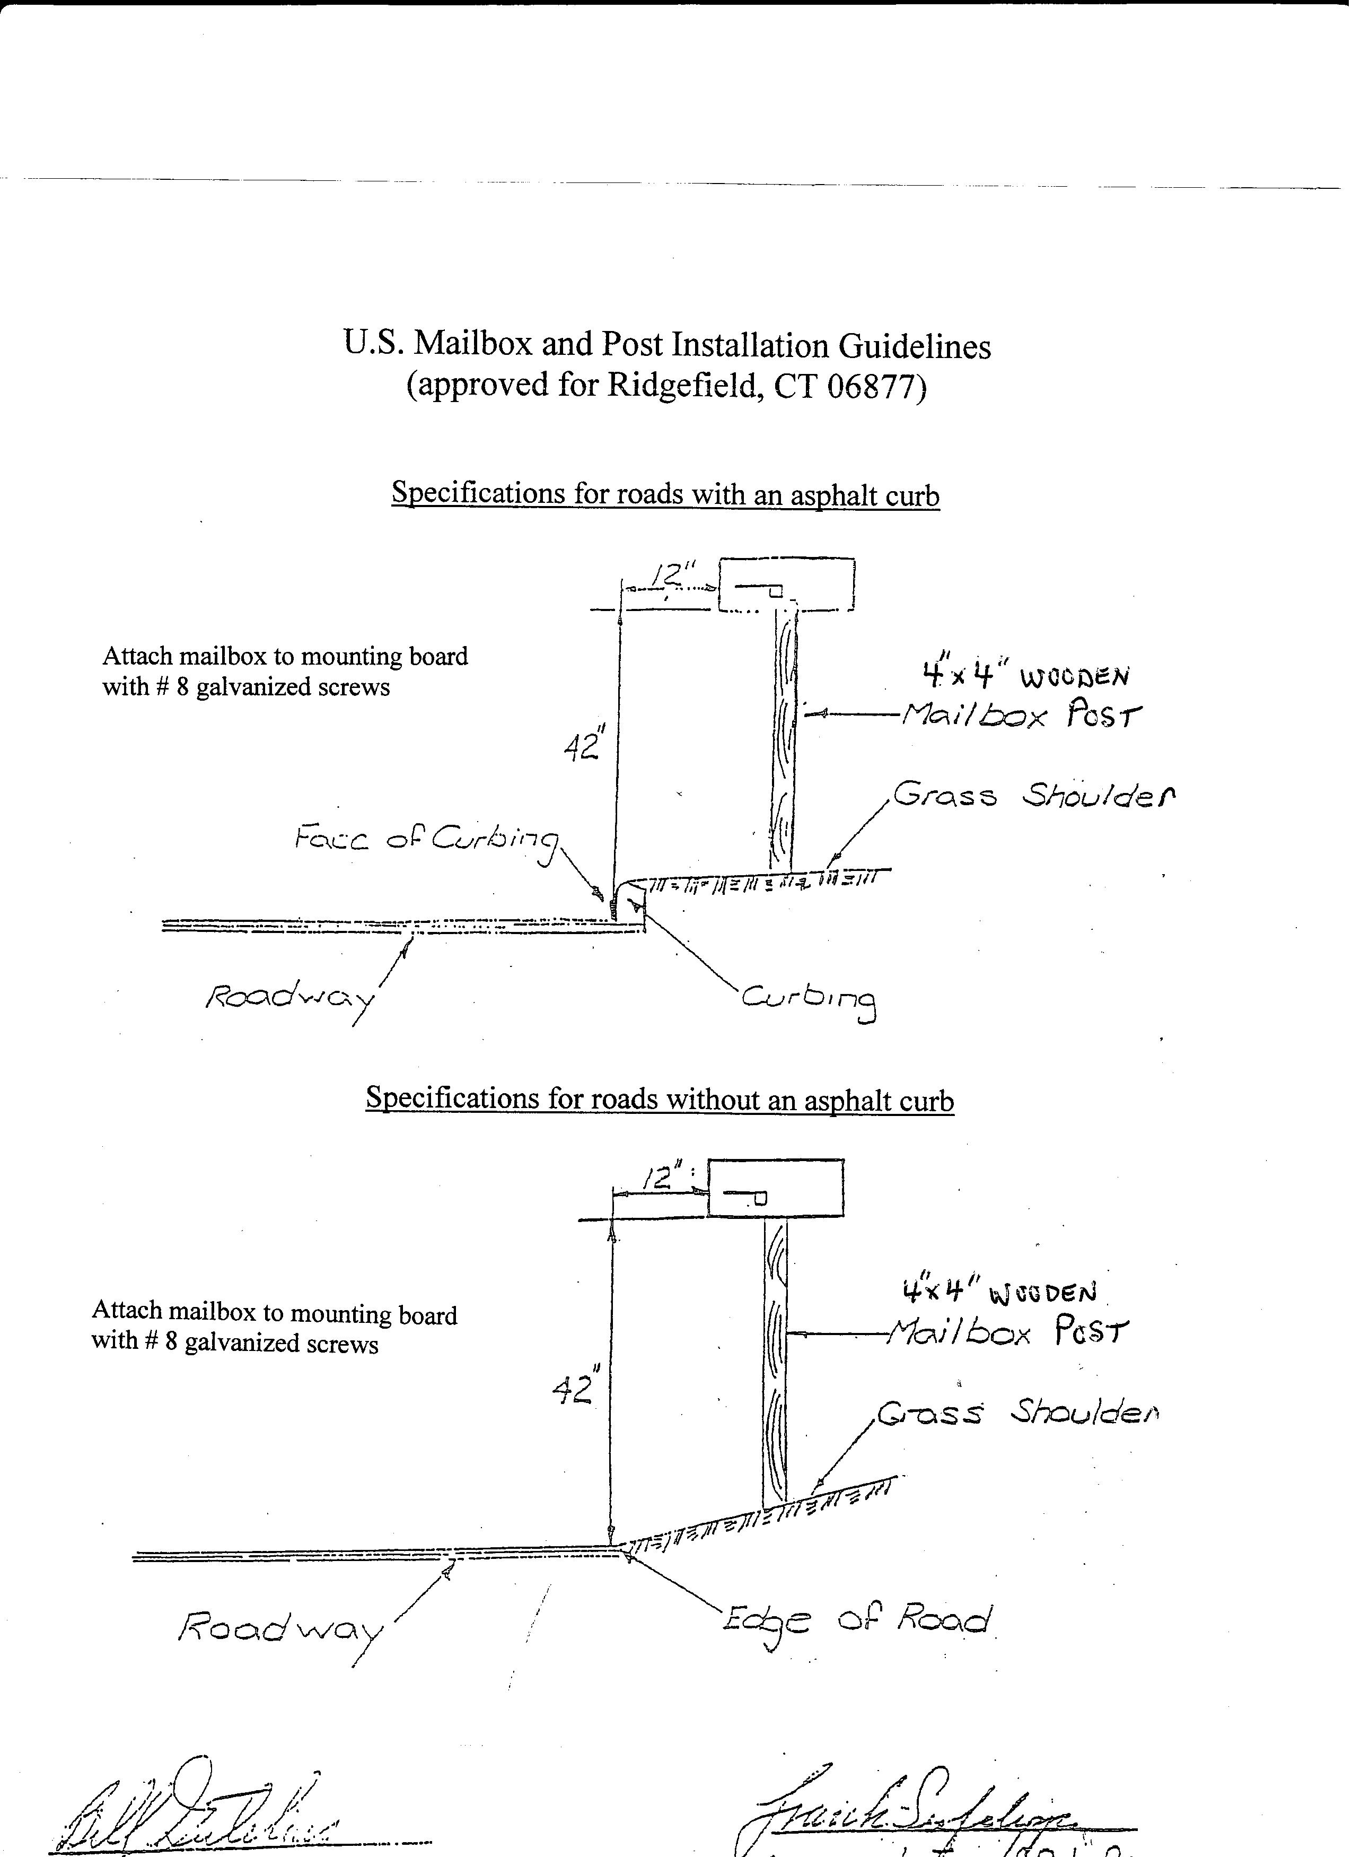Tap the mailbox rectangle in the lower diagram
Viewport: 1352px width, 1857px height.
[775, 1187]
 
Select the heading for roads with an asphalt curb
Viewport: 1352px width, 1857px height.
[665, 494]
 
